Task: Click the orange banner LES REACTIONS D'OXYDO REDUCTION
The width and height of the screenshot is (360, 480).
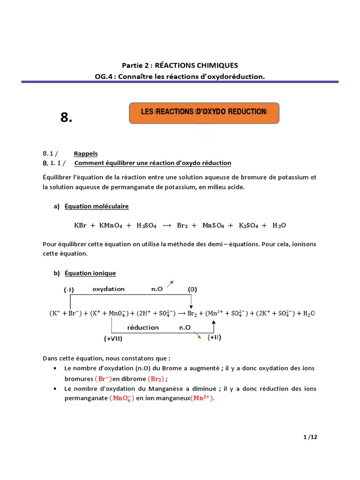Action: (x=204, y=112)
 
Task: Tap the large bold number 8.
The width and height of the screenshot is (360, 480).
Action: (x=67, y=118)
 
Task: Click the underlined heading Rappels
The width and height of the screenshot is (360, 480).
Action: (x=86, y=154)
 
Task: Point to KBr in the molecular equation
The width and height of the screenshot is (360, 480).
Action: (x=81, y=225)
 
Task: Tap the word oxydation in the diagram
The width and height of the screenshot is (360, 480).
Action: (x=108, y=289)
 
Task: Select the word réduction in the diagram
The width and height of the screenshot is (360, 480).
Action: (x=143, y=328)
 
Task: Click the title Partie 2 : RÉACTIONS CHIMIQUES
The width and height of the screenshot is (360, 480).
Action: (x=180, y=65)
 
